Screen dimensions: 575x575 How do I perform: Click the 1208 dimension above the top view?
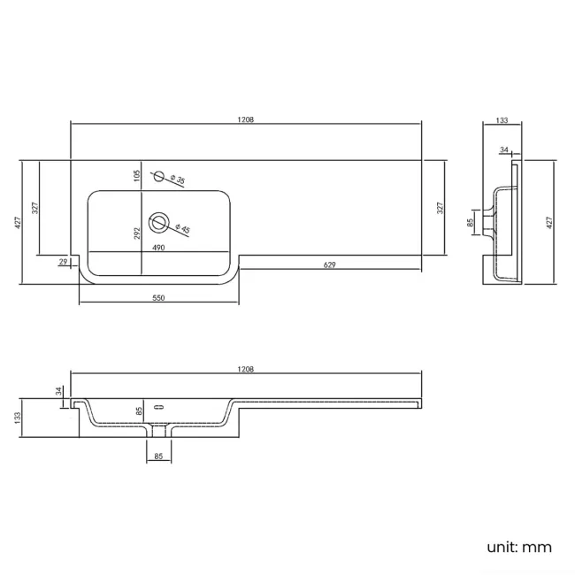tap(246, 119)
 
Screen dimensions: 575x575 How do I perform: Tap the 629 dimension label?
tap(329, 264)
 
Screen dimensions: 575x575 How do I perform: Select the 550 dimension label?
tap(158, 298)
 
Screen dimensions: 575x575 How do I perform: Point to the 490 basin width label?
tap(158, 248)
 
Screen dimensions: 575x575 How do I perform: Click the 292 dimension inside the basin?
tap(137, 234)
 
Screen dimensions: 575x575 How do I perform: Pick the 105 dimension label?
tap(137, 176)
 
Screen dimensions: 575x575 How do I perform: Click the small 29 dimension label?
tap(63, 262)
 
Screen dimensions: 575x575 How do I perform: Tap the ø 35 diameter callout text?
tap(178, 180)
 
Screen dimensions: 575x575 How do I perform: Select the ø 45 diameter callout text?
tap(182, 228)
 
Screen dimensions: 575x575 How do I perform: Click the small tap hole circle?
tap(158, 176)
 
